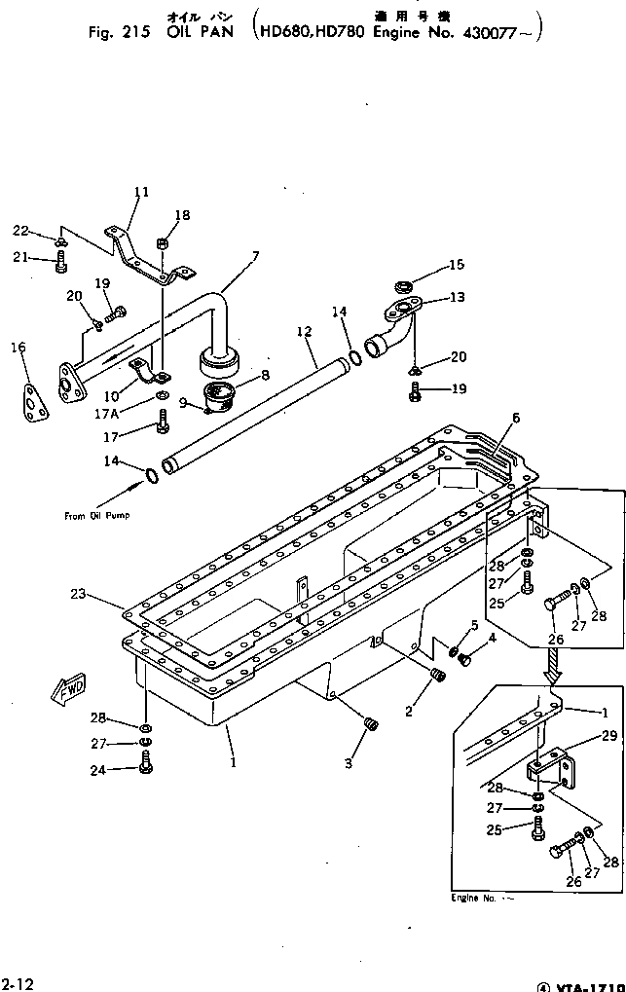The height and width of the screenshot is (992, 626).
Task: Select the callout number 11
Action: point(141,193)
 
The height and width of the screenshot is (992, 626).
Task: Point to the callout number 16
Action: point(18,347)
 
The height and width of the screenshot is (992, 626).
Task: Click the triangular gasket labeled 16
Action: point(36,400)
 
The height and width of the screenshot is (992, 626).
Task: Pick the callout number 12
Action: point(305,332)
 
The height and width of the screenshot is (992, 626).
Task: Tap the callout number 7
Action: point(255,257)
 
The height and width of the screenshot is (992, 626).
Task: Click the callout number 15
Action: point(457,264)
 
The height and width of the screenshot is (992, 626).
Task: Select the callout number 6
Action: point(515,418)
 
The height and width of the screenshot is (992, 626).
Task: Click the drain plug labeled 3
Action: point(370,723)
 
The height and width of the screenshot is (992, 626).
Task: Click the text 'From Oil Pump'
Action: point(96,515)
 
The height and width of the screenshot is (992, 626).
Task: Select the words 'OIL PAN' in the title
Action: point(199,32)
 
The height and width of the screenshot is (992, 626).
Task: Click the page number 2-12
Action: point(18,984)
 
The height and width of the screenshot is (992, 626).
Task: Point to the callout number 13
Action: point(457,298)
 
